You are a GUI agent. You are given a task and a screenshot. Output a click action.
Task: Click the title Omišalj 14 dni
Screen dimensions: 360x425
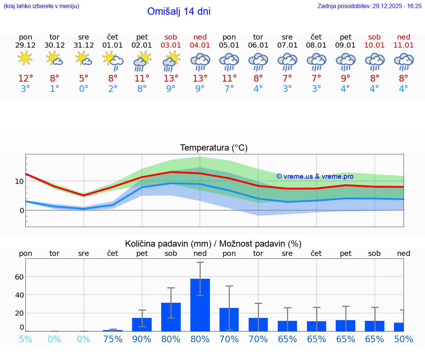click(179, 11)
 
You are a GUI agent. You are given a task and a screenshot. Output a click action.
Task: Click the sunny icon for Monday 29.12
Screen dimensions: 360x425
click(25, 59)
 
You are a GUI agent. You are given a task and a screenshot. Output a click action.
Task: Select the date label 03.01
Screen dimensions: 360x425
click(171, 45)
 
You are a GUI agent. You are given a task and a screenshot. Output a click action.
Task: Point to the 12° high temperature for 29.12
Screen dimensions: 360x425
click(25, 78)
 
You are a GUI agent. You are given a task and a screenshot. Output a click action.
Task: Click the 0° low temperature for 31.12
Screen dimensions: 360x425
click(84, 89)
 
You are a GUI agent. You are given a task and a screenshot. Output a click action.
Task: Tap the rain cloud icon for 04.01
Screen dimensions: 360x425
click(200, 61)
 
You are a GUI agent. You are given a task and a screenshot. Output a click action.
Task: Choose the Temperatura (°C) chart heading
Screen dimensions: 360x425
click(214, 148)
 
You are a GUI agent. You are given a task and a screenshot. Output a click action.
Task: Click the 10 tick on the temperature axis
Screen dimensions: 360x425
click(19, 181)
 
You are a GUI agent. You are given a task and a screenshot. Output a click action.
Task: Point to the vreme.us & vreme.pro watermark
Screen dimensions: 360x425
click(315, 176)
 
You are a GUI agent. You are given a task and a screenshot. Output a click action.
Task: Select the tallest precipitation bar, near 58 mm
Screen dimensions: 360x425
click(200, 305)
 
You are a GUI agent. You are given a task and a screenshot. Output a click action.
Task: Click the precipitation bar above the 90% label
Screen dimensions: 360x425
click(142, 324)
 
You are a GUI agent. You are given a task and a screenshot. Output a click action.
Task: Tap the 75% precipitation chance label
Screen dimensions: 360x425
click(113, 339)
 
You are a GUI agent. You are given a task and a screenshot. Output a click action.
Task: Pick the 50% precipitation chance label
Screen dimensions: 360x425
click(404, 339)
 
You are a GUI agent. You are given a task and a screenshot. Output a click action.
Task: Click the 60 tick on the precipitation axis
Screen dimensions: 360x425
click(19, 277)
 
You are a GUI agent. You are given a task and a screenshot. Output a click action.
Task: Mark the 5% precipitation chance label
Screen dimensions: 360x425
click(25, 339)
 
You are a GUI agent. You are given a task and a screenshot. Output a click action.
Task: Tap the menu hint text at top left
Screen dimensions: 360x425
click(41, 6)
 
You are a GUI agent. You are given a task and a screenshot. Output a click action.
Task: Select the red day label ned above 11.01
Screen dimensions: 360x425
click(404, 37)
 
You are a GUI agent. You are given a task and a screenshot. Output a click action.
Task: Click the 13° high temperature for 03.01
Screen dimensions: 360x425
click(171, 78)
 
